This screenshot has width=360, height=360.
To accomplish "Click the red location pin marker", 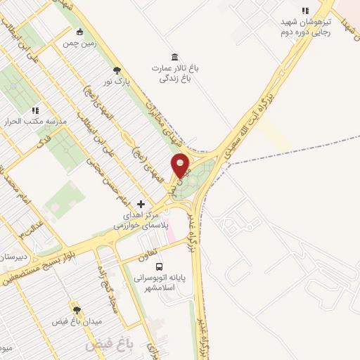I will coord(181,166).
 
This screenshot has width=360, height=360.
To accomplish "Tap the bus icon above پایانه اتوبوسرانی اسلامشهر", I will coord(159,267).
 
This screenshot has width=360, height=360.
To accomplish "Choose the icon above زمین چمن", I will coord(79,32).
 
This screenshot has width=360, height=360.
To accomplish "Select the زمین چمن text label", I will coord(79,43).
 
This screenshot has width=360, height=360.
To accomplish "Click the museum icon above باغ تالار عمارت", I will coord(174,56).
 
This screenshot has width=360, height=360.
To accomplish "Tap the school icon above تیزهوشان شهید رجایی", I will coord(304,11).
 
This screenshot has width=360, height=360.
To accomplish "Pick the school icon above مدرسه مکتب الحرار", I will coord(35,110).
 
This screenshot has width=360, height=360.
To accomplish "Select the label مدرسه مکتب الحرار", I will coord(36,122).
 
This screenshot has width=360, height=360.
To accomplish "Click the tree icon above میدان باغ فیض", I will coord(77,310).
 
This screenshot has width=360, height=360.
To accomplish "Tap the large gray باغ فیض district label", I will coord(104,346).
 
